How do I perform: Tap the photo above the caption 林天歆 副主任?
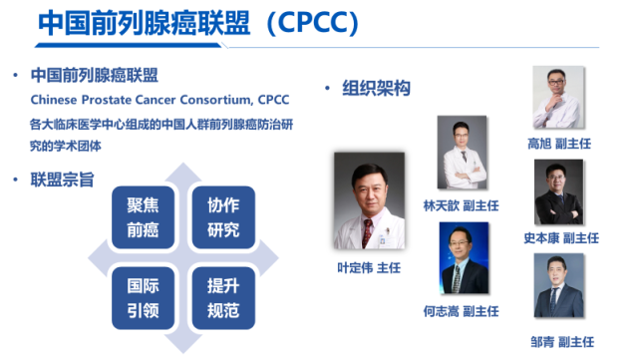(462, 148)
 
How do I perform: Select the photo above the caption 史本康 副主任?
(558, 191)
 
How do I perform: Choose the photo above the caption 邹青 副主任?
(558, 285)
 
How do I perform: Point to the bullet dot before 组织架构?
(328, 90)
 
